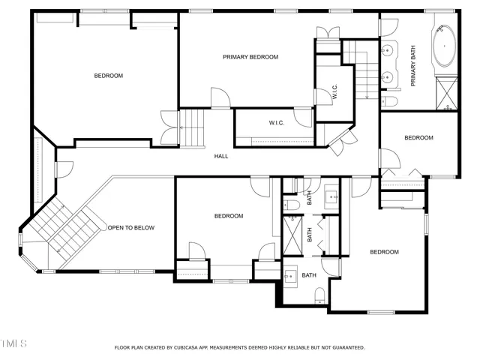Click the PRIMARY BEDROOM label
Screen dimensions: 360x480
[x=250, y=57]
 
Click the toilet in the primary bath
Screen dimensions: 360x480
[x=390, y=102]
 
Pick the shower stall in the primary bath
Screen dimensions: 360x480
[x=447, y=94]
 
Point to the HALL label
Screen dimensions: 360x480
[x=221, y=156]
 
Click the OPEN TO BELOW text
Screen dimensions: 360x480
[x=131, y=228]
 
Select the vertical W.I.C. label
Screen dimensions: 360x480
[x=335, y=91]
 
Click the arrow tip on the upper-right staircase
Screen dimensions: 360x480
[x=367, y=97]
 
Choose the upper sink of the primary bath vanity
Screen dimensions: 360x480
[x=388, y=51]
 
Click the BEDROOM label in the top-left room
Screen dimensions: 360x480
[x=109, y=76]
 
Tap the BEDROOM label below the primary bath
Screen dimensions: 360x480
[x=418, y=137]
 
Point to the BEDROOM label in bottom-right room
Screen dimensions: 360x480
[x=384, y=252]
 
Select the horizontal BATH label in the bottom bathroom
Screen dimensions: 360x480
[x=309, y=275]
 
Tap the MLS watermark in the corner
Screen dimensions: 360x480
[x=13, y=343]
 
